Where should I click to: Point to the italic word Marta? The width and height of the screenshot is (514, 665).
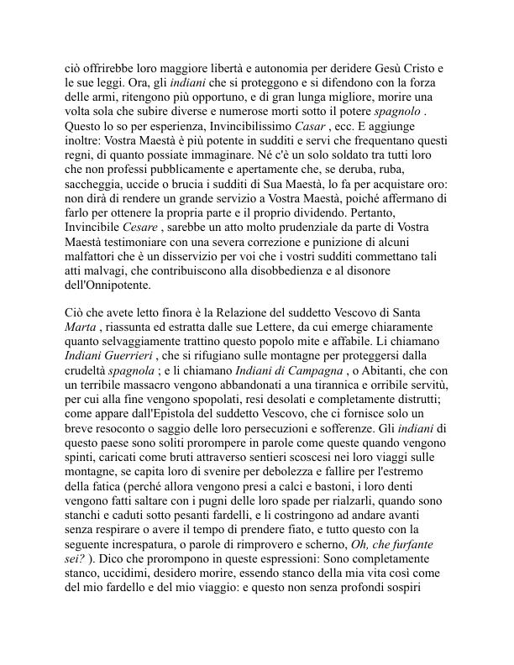click(x=81, y=328)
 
